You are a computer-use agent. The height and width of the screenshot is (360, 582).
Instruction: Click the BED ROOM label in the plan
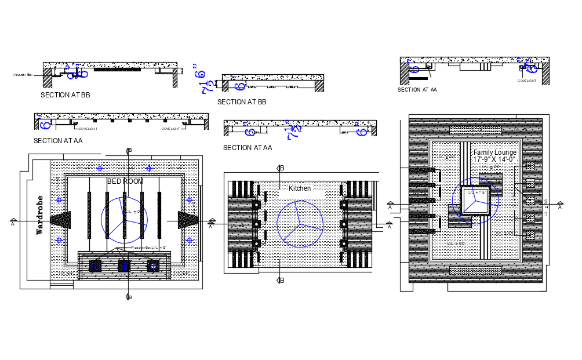125,181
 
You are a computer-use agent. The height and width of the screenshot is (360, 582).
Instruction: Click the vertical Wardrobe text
40,215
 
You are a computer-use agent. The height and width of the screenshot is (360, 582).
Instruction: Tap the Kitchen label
300,188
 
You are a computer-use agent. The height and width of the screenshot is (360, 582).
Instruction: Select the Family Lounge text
494,152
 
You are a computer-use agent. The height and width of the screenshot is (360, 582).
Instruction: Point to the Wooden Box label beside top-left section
24,75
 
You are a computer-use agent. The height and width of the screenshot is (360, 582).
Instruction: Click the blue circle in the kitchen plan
300,223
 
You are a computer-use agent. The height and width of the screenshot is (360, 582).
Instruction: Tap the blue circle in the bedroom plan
124,219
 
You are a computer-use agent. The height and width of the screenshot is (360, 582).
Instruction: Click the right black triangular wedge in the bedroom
187,220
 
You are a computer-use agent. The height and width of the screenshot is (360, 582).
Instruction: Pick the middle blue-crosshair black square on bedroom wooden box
124,266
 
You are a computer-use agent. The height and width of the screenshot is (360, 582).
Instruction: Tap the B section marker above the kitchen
282,168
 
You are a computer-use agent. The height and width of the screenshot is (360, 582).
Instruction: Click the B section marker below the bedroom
129,297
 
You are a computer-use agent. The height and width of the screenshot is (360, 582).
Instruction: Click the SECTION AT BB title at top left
65,94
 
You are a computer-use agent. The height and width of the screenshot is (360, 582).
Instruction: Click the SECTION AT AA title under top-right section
417,90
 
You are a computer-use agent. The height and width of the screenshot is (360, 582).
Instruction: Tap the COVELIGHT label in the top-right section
526,81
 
